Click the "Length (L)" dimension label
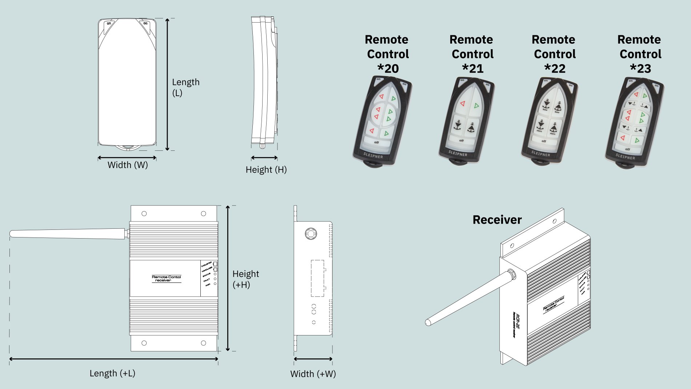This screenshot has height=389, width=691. pyautogui.click(x=185, y=87)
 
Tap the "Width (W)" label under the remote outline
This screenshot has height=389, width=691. pyautogui.click(x=128, y=165)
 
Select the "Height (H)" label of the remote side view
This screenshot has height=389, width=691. pyautogui.click(x=266, y=170)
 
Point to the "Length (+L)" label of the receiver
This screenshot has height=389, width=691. pyautogui.click(x=112, y=373)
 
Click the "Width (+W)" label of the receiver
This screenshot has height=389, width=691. pyautogui.click(x=313, y=374)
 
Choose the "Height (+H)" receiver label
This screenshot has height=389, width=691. pyautogui.click(x=245, y=279)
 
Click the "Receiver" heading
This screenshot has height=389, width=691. pyautogui.click(x=497, y=220)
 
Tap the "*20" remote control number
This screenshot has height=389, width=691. pyautogui.click(x=388, y=68)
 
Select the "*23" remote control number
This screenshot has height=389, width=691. pyautogui.click(x=640, y=68)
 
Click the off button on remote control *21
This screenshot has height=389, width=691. pyautogui.click(x=461, y=141)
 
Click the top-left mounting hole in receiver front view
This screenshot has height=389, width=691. pyautogui.click(x=144, y=214)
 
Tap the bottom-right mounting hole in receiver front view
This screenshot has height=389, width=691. pyautogui.click(x=203, y=343)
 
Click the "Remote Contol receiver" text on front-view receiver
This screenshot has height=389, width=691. pyautogui.click(x=166, y=279)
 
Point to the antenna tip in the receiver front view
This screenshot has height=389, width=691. pyautogui.click(x=12, y=234)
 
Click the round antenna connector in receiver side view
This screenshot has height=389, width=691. pyautogui.click(x=311, y=233)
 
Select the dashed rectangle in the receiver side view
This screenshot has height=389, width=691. pyautogui.click(x=317, y=278)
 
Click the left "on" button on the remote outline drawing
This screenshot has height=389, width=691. pyautogui.click(x=109, y=24)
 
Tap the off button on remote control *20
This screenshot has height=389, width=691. pyautogui.click(x=376, y=142)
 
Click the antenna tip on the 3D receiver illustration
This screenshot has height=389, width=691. pyautogui.click(x=428, y=322)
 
